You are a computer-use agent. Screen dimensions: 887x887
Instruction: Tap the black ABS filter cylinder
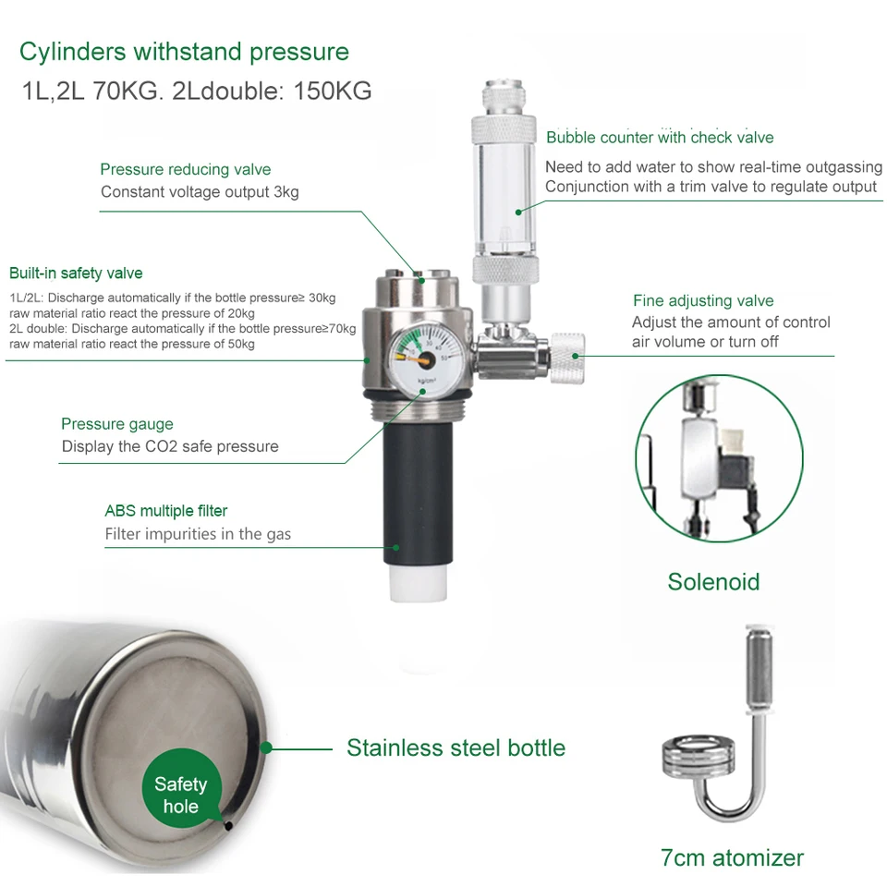(x=418, y=500)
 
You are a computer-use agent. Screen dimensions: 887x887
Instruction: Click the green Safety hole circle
(x=181, y=795)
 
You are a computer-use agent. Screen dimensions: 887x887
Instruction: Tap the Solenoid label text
(x=713, y=581)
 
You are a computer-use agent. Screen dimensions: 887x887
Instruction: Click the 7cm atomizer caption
(x=732, y=857)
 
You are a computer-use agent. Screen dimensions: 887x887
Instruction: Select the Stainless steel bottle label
(x=456, y=747)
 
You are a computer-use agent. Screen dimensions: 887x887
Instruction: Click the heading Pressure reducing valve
(x=185, y=169)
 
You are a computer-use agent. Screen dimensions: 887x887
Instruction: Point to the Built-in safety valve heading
(x=76, y=273)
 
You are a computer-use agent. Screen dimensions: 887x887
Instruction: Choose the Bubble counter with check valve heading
(x=660, y=138)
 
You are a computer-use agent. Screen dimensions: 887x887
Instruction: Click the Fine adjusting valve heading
(x=703, y=300)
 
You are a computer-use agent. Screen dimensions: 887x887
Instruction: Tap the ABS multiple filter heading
(x=165, y=510)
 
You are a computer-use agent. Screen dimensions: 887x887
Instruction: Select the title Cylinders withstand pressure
(x=184, y=51)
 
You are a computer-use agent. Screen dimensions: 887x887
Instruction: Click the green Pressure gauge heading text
(x=116, y=424)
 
